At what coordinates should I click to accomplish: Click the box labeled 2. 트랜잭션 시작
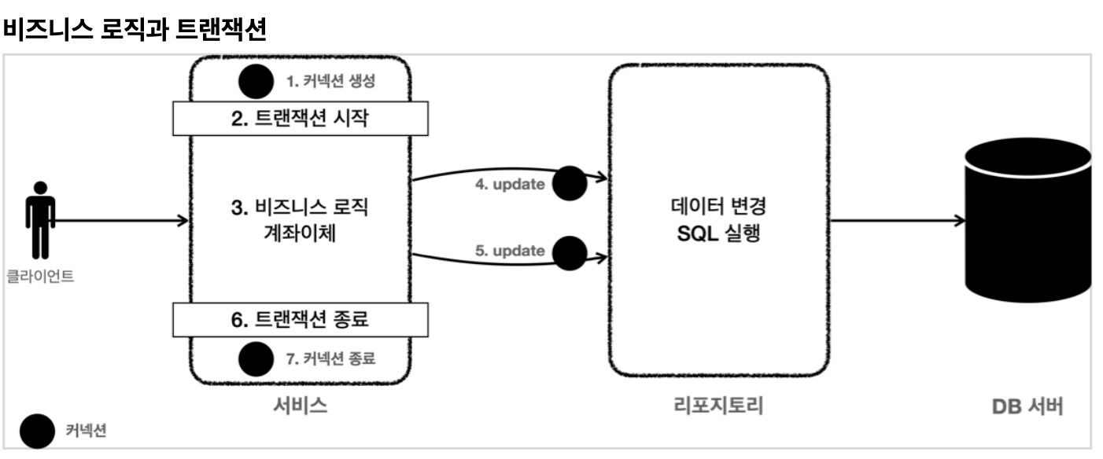pos(301,119)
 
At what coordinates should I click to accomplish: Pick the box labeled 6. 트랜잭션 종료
pos(301,320)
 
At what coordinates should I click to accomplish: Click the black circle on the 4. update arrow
pos(570,182)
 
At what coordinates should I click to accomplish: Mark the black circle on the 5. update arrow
pos(570,252)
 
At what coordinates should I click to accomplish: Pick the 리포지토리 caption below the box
pos(719,406)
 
